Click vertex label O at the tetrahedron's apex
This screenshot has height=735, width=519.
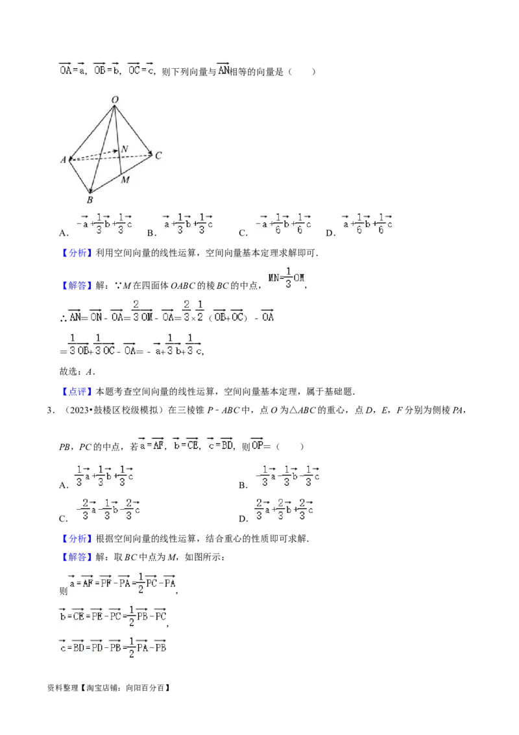click(x=114, y=99)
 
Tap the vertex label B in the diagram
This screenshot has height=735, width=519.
click(x=90, y=199)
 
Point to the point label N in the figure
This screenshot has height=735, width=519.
click(x=125, y=149)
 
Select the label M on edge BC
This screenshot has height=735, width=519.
click(x=125, y=179)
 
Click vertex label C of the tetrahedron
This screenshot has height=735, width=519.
click(x=158, y=155)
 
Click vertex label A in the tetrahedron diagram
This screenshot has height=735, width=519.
click(x=64, y=160)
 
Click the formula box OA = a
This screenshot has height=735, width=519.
click(x=72, y=68)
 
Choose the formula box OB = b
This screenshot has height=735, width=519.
click(x=106, y=68)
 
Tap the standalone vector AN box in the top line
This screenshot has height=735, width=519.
click(x=223, y=68)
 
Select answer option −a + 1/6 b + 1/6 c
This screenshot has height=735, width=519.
click(x=280, y=223)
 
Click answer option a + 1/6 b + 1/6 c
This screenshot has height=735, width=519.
click(x=366, y=223)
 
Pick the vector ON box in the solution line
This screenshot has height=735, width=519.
click(x=96, y=315)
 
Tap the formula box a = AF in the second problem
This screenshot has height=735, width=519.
click(x=151, y=445)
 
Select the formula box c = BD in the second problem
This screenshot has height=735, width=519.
click(x=219, y=445)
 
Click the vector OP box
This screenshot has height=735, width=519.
click(x=257, y=445)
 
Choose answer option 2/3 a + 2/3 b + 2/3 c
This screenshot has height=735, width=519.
click(x=283, y=509)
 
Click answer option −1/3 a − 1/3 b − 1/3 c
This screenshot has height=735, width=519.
click(x=285, y=475)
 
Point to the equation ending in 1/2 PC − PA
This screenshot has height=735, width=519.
click(x=122, y=582)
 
